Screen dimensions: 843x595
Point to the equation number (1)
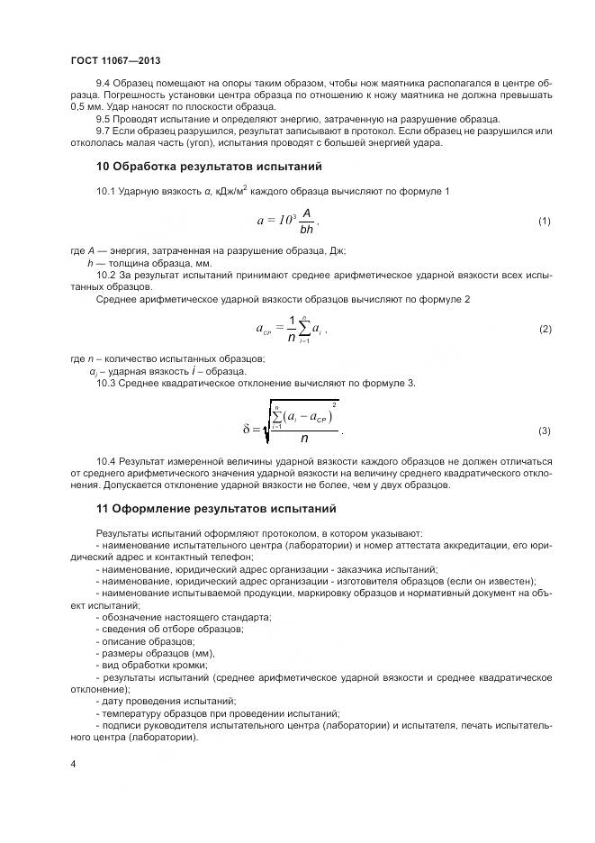pos(544,222)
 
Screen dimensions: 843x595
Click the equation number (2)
pos(544,330)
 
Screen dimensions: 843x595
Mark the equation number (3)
pos(544,431)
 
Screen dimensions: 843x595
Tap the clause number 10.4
pos(106,460)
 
